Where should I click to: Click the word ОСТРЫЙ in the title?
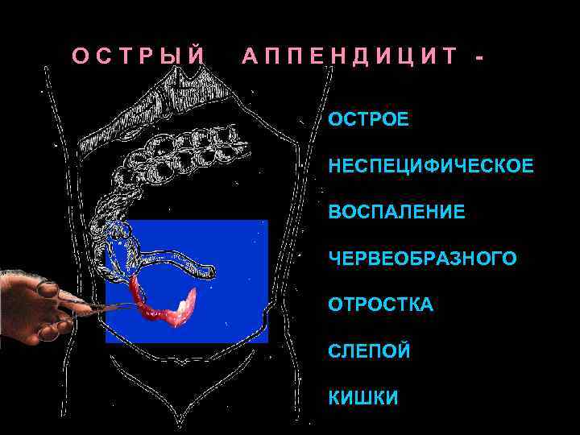tap(139, 56)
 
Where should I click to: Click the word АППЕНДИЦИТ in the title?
tap(350, 56)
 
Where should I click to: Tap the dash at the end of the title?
tap(481, 57)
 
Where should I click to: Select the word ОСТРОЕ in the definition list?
tap(368, 121)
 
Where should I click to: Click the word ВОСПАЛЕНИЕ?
tap(396, 213)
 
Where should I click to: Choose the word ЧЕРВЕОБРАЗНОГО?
tap(422, 259)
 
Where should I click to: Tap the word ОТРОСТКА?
tap(380, 305)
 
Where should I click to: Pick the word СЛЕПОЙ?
tap(369, 352)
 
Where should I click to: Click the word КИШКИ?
tap(362, 398)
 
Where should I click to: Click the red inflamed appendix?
tap(161, 310)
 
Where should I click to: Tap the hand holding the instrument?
tap(32, 302)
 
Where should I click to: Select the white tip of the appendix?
tap(184, 304)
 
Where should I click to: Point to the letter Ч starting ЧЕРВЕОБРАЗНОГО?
tap(333, 259)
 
